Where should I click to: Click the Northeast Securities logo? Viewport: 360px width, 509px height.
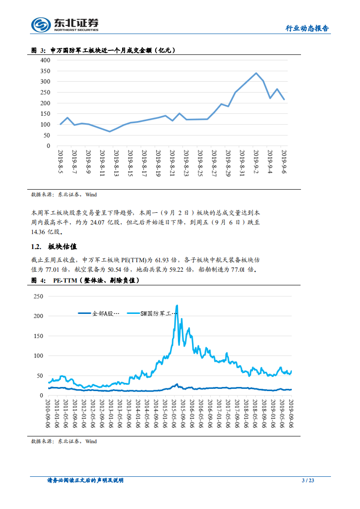65,24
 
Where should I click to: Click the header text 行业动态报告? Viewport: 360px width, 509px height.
307,28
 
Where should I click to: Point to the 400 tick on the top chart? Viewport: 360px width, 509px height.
45,60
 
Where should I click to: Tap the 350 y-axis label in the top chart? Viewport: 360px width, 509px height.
45,71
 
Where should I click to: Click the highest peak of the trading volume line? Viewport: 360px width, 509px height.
256,73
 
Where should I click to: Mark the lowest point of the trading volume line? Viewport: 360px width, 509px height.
109,132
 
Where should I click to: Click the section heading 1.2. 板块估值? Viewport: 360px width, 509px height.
54,247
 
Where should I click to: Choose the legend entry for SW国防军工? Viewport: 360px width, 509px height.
150,313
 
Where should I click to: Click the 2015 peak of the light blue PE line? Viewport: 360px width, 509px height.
177,306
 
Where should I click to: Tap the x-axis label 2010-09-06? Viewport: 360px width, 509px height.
49,412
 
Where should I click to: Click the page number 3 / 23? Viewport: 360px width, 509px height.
308,480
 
